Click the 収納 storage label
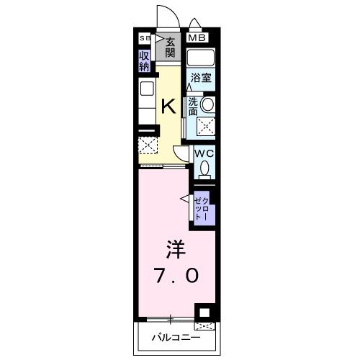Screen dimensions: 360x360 (x=145, y=60)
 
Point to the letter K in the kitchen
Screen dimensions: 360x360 (x=168, y=107)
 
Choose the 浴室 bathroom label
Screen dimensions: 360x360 (x=201, y=78)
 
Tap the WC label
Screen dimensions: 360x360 (x=203, y=153)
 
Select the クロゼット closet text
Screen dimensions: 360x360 (x=202, y=204)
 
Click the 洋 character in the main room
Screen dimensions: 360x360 (x=176, y=251)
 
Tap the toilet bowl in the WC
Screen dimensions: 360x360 (x=204, y=169)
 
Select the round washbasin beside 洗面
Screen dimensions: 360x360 (x=207, y=105)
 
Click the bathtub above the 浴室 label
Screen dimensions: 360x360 (x=201, y=58)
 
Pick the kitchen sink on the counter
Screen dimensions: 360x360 (x=147, y=91)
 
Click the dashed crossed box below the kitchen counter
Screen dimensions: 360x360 (x=147, y=145)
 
